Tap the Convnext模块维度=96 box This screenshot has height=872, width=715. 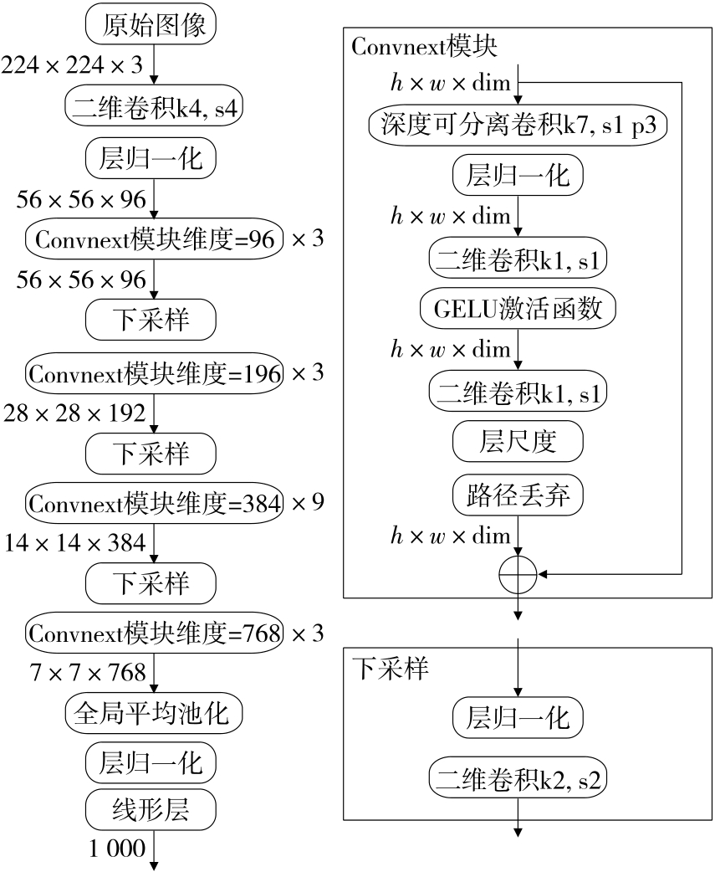[156, 239]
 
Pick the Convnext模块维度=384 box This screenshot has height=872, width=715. [156, 502]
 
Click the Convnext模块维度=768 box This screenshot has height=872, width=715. [156, 632]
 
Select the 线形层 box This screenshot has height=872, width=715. [151, 809]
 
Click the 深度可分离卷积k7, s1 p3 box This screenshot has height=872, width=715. [519, 126]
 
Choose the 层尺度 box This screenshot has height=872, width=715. [518, 441]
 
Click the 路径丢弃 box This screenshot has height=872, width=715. [518, 495]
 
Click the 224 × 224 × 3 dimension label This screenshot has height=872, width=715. [74, 64]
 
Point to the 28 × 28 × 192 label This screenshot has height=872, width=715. [74, 412]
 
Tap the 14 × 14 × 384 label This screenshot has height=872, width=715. [74, 542]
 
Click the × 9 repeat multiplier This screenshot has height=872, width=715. [307, 502]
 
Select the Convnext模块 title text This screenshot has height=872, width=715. [424, 47]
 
